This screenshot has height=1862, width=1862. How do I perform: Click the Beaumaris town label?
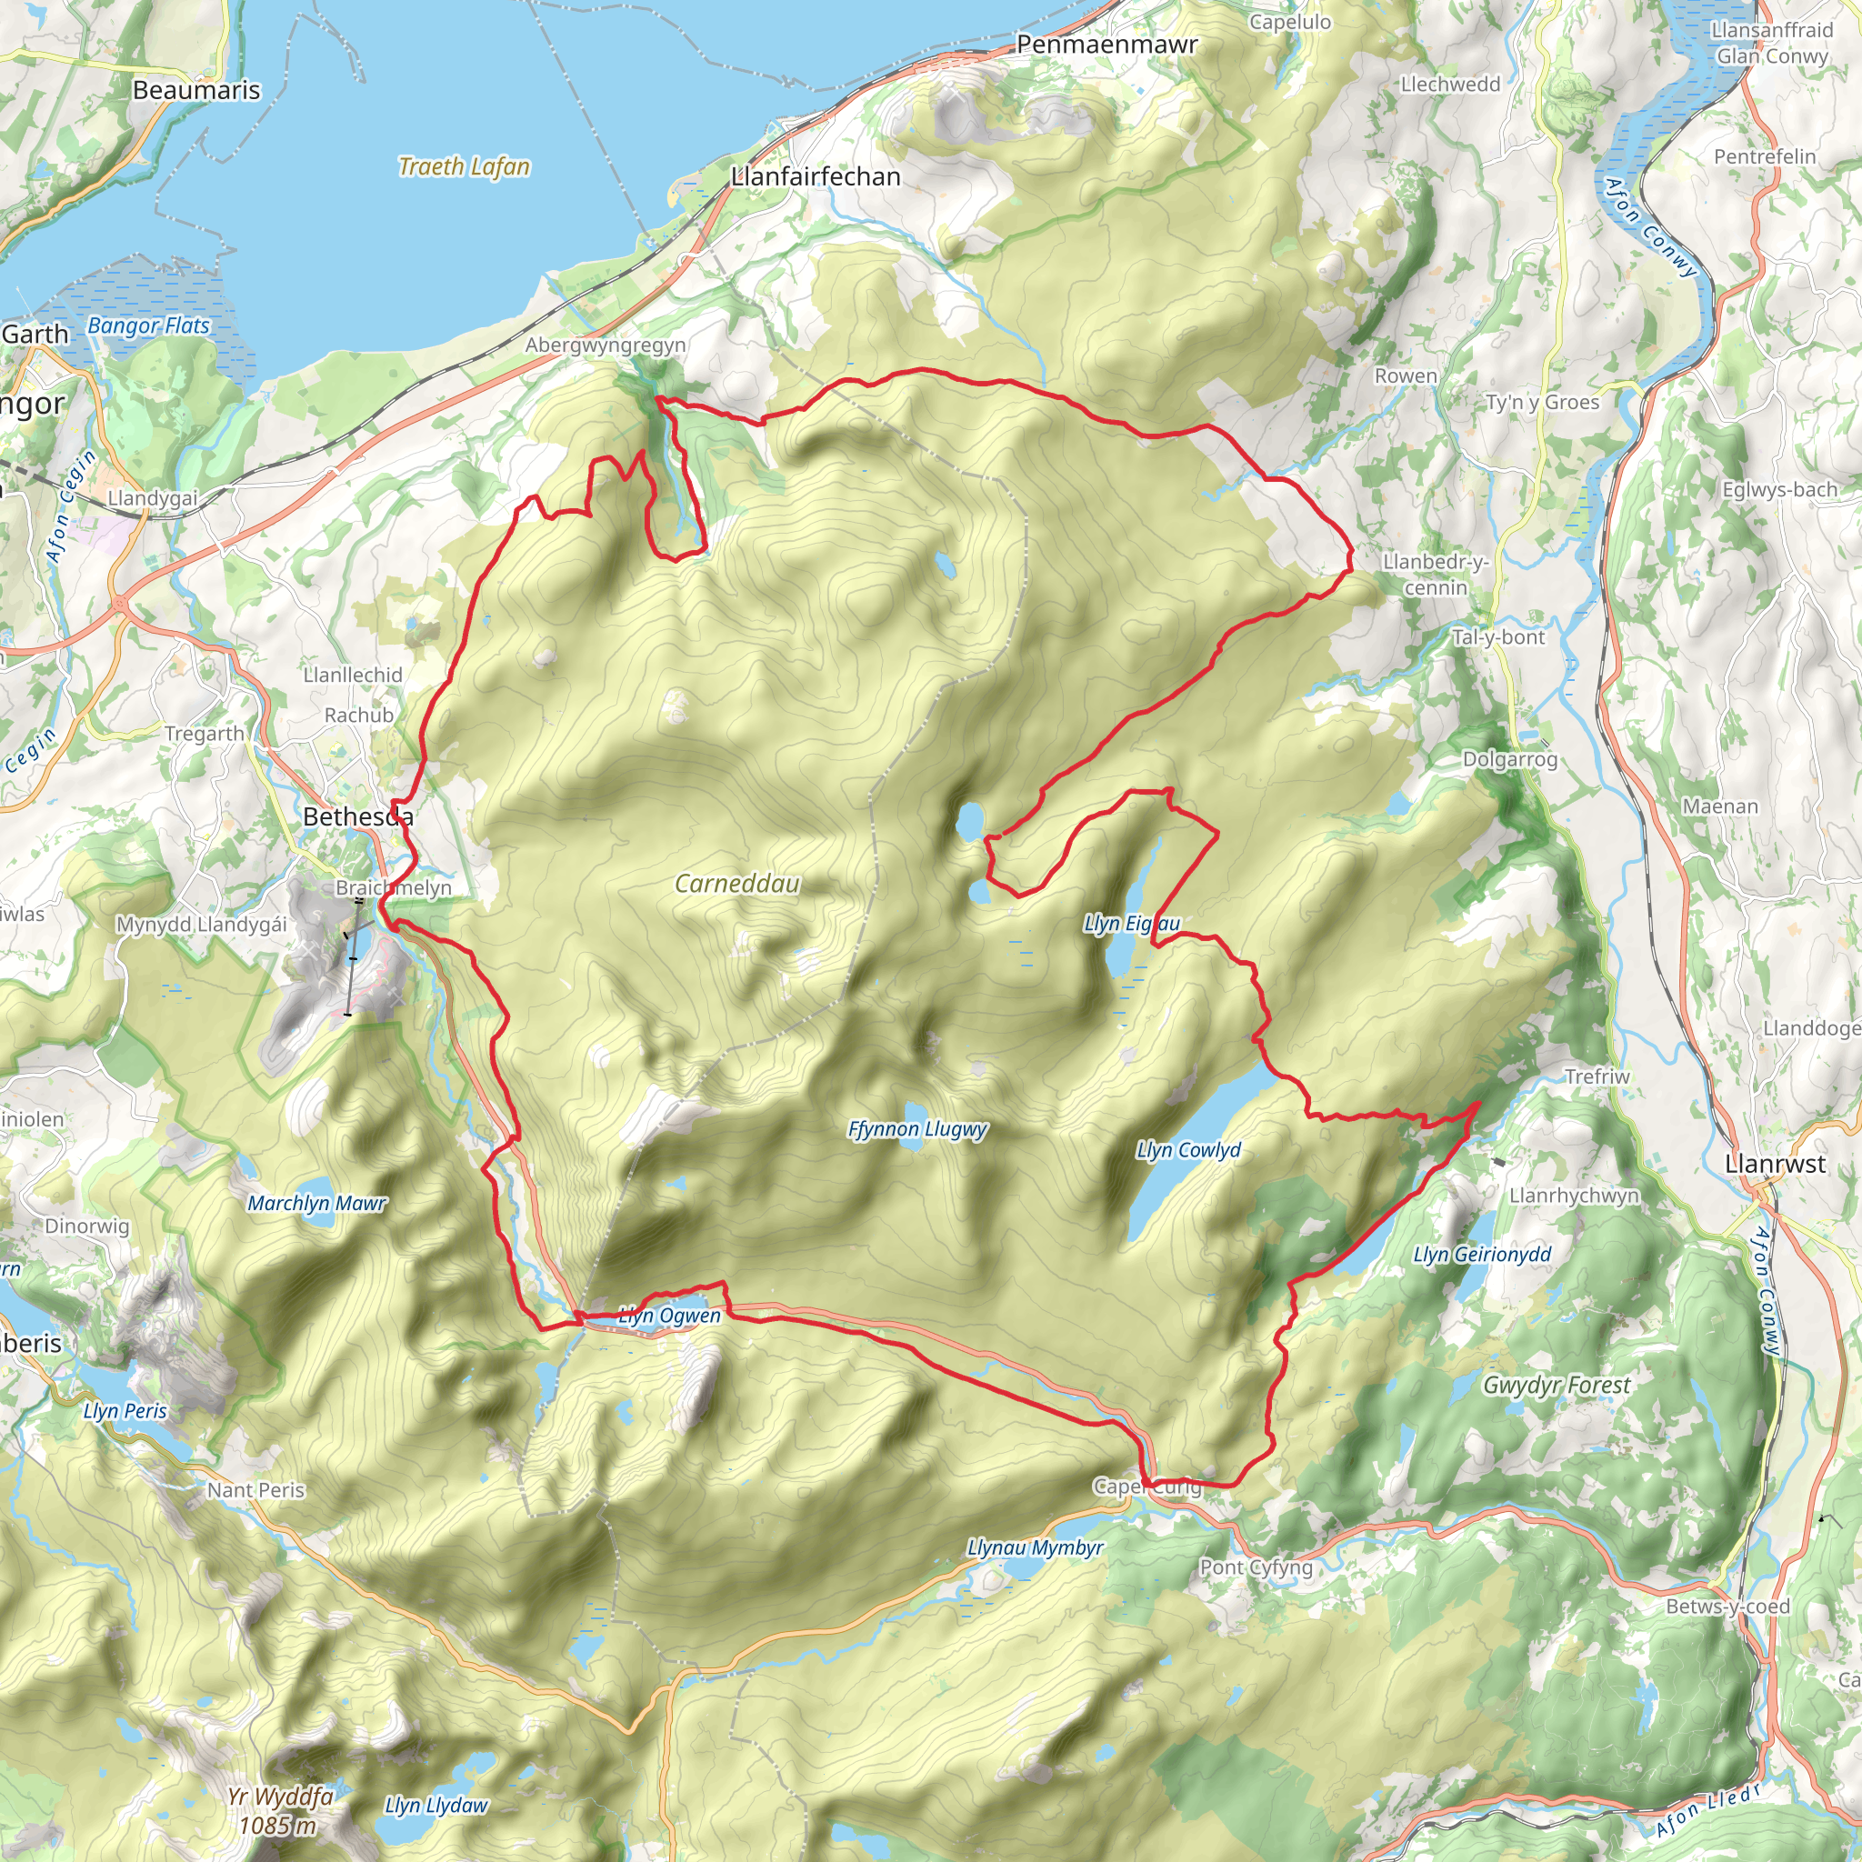pos(196,91)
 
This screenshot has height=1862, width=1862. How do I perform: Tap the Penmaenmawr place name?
pos(1106,45)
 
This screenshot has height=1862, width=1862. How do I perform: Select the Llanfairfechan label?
pos(816,176)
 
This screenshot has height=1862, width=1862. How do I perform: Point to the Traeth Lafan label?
pos(464,166)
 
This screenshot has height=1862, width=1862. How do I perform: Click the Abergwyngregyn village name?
pos(606,345)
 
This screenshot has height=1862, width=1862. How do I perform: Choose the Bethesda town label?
pos(357,816)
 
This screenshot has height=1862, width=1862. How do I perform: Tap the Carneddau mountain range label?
pos(736,884)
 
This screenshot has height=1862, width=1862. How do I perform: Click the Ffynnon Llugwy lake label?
pos(916,1128)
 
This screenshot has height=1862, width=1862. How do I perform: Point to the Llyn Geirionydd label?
pos(1481,1254)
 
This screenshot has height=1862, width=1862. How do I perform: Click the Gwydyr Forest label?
pos(1556,1385)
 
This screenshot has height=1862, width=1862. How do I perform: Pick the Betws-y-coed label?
pos(1727,1606)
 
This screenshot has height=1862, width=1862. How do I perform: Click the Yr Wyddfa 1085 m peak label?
pos(280,1810)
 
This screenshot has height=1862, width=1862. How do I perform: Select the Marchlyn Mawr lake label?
pos(316,1203)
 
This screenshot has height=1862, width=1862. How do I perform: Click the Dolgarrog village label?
pos(1509,759)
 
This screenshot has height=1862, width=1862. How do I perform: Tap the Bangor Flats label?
pos(148,325)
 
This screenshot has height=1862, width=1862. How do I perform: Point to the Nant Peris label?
pos(255,1490)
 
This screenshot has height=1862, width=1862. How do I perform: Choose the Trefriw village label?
pos(1596,1076)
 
